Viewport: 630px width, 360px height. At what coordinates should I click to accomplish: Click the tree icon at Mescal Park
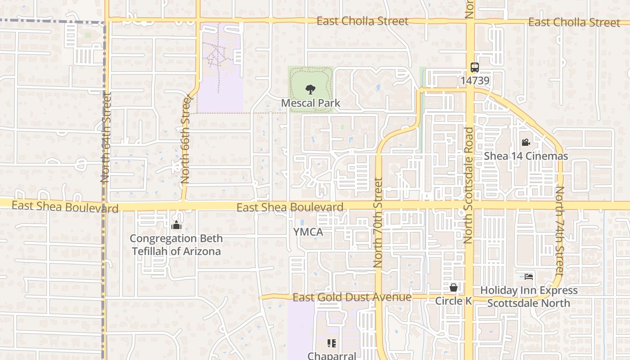pyautogui.click(x=310, y=89)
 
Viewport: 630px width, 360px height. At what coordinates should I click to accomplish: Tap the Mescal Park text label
pyautogui.click(x=310, y=103)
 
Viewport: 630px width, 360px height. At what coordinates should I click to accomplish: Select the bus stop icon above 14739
pyautogui.click(x=475, y=67)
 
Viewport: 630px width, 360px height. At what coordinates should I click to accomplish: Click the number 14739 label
pyautogui.click(x=475, y=81)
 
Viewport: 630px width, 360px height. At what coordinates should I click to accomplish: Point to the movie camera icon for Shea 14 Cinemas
pyautogui.click(x=526, y=143)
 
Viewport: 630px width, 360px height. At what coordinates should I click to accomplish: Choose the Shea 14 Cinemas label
pyautogui.click(x=526, y=156)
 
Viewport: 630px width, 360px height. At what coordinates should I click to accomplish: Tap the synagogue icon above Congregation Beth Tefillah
pyautogui.click(x=176, y=225)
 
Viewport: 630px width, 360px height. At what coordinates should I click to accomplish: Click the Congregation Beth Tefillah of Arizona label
pyautogui.click(x=176, y=245)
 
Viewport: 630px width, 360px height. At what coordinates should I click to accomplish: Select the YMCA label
pyautogui.click(x=308, y=232)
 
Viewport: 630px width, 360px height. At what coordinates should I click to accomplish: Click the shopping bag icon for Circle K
pyautogui.click(x=454, y=287)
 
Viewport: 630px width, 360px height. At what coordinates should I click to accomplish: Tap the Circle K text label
pyautogui.click(x=454, y=301)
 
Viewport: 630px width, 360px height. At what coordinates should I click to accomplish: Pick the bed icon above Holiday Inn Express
pyautogui.click(x=529, y=276)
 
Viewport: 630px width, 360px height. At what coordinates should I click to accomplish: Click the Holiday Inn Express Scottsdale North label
pyautogui.click(x=529, y=297)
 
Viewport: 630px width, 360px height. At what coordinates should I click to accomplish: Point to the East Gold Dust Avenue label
pyautogui.click(x=352, y=297)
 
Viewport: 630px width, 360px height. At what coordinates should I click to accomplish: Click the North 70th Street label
pyautogui.click(x=378, y=223)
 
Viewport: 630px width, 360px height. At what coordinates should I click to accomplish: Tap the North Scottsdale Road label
pyautogui.click(x=469, y=185)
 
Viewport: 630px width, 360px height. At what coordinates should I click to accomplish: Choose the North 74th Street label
pyautogui.click(x=559, y=231)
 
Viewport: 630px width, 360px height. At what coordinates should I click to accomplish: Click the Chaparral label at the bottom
pyautogui.click(x=332, y=355)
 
